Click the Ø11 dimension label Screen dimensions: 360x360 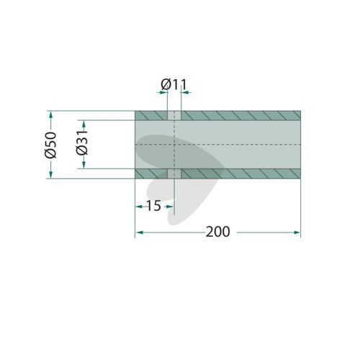tap(174, 85)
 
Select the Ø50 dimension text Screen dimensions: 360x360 tap(50, 145)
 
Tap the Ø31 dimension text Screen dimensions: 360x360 tap(82, 143)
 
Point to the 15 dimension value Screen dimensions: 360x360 tap(153, 206)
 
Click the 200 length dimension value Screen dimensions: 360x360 tap(218, 232)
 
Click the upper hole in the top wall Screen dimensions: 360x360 tap(174, 115)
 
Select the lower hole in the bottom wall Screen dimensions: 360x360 tap(174, 174)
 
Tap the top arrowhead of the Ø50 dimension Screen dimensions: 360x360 tap(50, 114)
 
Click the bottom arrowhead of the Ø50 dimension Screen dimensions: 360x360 tap(50, 175)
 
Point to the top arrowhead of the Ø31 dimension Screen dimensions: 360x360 tap(84, 124)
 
